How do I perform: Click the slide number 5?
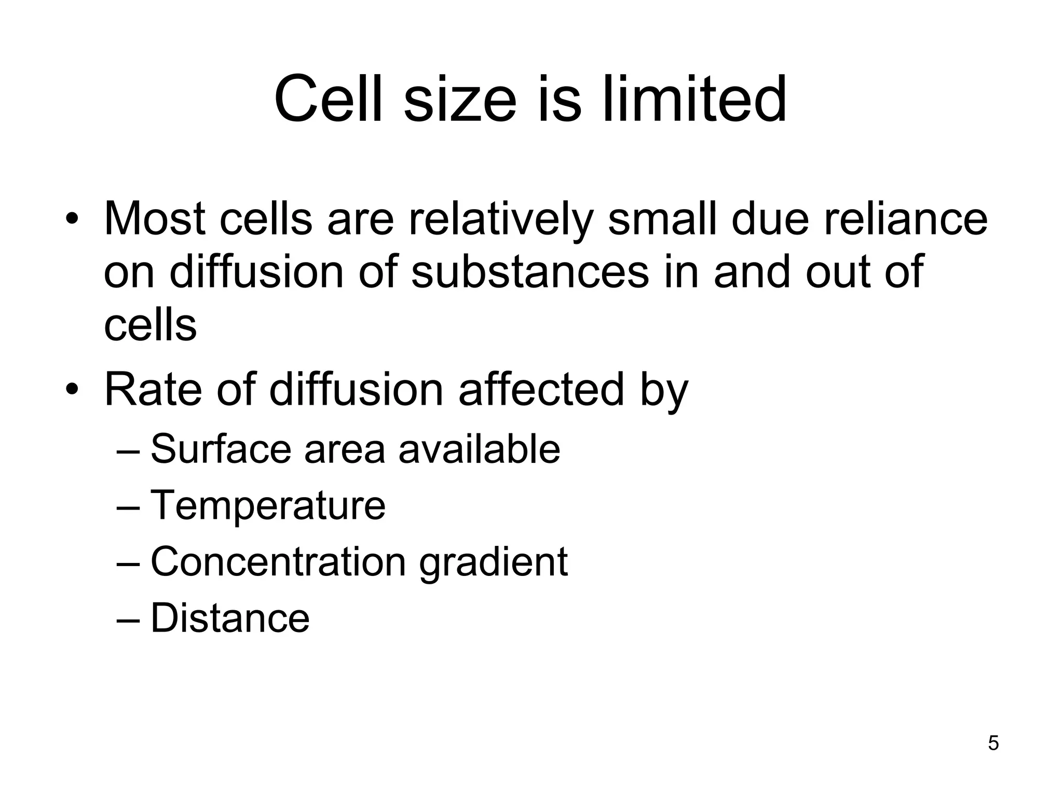pyautogui.click(x=993, y=743)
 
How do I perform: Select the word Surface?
pyautogui.click(x=221, y=449)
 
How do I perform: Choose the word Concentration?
pyautogui.click(x=278, y=561)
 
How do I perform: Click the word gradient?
pyautogui.click(x=493, y=561)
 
